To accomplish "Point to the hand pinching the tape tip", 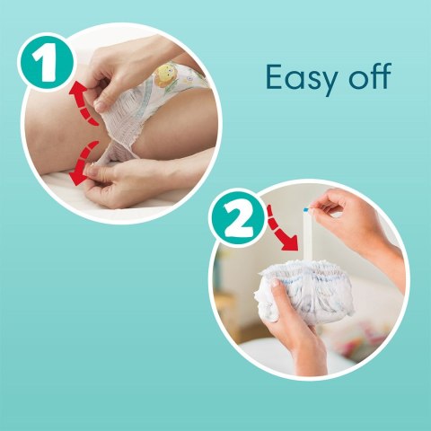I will coord(355,220).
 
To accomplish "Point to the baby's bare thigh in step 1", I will coord(54,135).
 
